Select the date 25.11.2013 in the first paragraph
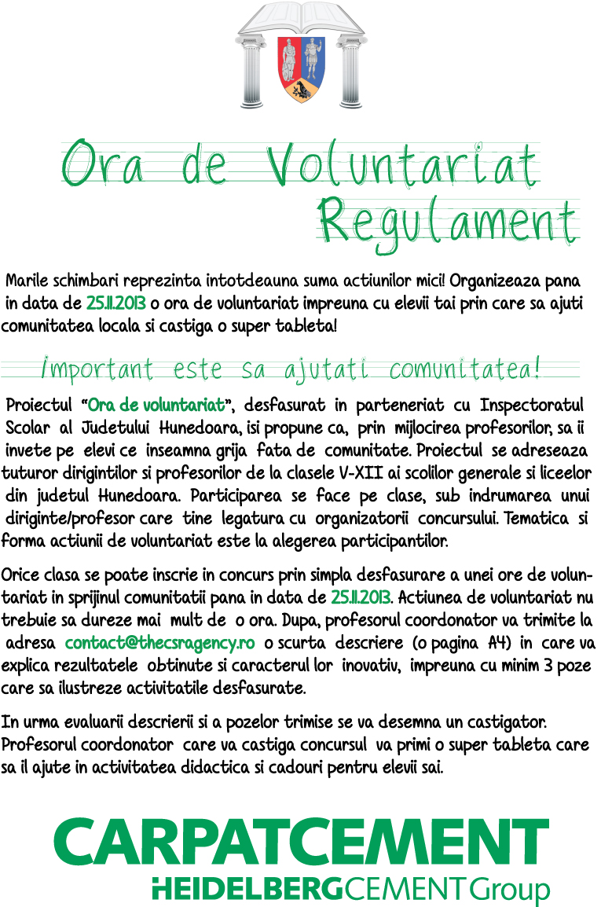click(x=116, y=303)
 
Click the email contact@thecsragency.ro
click(x=160, y=643)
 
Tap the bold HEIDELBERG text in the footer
click(x=246, y=889)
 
